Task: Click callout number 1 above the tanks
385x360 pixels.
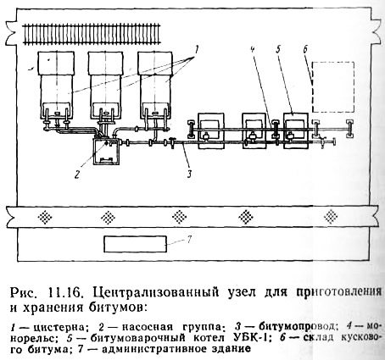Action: [x=196, y=51]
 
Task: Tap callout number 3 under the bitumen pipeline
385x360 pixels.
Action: [x=189, y=173]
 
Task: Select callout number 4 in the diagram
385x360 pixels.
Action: [x=253, y=50]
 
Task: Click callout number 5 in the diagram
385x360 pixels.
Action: [x=278, y=50]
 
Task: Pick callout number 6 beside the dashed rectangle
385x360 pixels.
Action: [x=305, y=50]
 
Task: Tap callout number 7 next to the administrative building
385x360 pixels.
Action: [x=189, y=240]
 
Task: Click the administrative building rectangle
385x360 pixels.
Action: [x=135, y=244]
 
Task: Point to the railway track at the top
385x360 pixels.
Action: [x=92, y=34]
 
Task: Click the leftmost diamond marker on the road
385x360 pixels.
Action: [x=45, y=218]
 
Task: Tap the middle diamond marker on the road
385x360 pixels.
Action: [x=179, y=217]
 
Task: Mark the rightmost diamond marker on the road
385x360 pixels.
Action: [x=331, y=217]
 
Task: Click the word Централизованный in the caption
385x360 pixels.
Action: [x=155, y=292]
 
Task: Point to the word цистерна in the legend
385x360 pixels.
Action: [x=59, y=328]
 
